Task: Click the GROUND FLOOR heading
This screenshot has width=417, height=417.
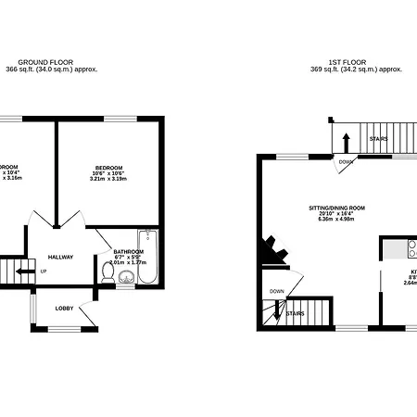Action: coord(52,61)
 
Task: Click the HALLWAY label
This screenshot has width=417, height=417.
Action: coord(61,258)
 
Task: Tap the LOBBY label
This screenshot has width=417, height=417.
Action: coord(65,308)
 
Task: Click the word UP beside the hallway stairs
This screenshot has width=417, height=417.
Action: coord(44,272)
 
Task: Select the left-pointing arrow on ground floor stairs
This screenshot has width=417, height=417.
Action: coord(20,272)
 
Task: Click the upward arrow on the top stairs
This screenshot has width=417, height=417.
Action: coord(346,142)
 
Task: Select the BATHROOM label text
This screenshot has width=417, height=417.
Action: coord(128,251)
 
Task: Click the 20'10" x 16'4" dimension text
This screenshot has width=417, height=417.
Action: coord(337,215)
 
